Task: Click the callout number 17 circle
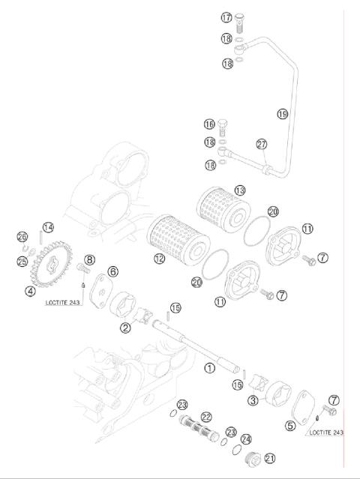pyautogui.click(x=226, y=17)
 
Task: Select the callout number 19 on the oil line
pyautogui.click(x=282, y=114)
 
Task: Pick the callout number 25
pyautogui.click(x=22, y=262)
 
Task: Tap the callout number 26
pyautogui.click(x=22, y=237)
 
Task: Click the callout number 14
pyautogui.click(x=47, y=227)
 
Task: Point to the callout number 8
pyautogui.click(x=89, y=259)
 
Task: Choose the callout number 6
pyautogui.click(x=112, y=271)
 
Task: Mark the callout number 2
pyautogui.click(x=125, y=327)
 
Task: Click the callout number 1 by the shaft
pyautogui.click(x=210, y=368)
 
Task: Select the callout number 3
pyautogui.click(x=253, y=401)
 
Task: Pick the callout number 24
pyautogui.click(x=247, y=439)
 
